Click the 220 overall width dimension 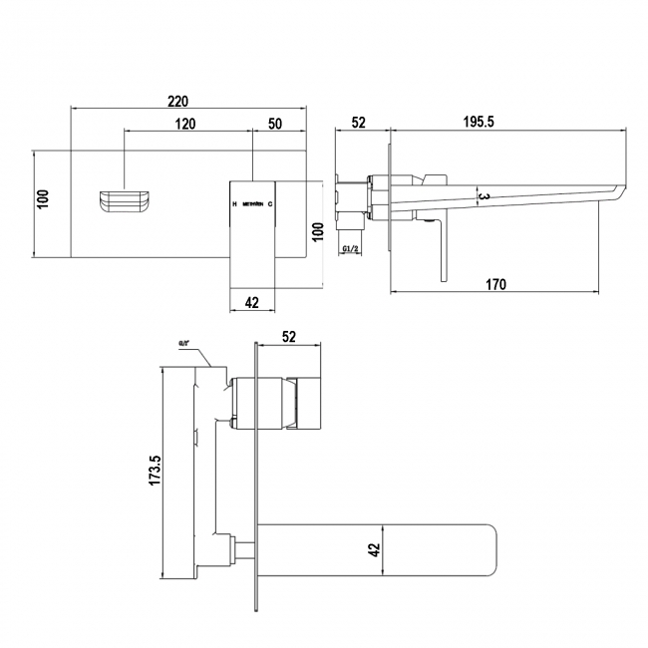178,101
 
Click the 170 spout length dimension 496,285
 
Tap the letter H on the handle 234,204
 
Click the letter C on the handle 270,204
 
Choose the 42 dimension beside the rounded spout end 374,547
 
